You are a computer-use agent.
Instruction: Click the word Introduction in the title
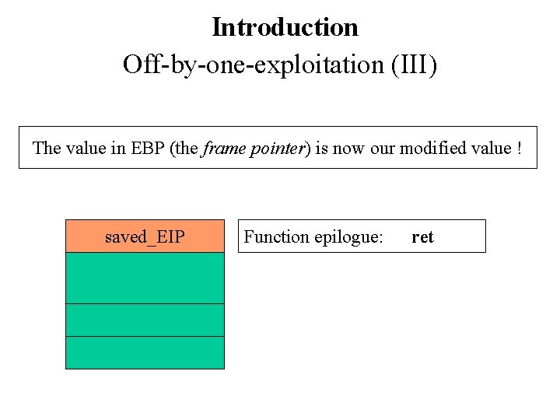(x=285, y=28)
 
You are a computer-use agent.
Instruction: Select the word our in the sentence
(x=383, y=148)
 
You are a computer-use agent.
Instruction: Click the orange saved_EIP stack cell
(x=145, y=236)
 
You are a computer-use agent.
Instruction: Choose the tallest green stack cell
(x=145, y=278)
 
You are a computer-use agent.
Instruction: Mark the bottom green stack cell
(x=145, y=352)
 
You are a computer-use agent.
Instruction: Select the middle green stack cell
(x=145, y=320)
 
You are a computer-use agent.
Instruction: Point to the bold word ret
(x=422, y=236)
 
